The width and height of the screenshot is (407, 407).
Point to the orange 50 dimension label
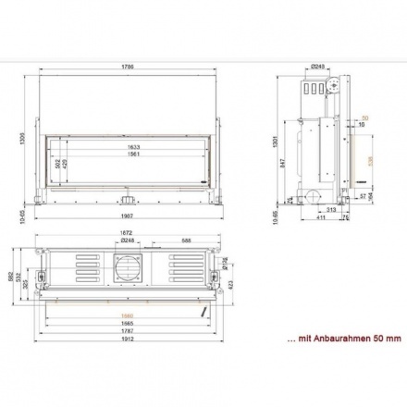click(x=364, y=118)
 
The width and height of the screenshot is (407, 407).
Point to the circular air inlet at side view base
click(x=313, y=195)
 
